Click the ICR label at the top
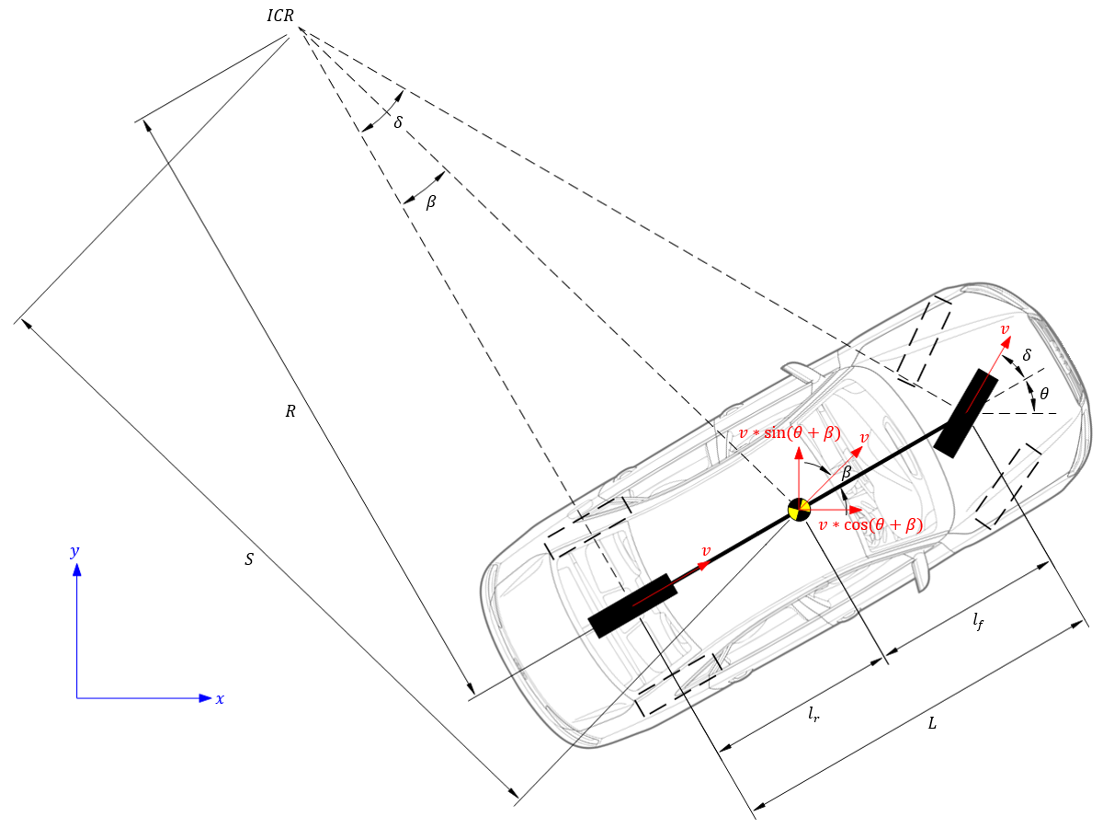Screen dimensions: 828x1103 coord(279,16)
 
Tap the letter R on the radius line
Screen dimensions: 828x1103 coord(290,412)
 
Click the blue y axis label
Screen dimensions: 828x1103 coord(74,552)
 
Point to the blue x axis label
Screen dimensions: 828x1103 coord(220,699)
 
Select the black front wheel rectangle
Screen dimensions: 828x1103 coord(965,412)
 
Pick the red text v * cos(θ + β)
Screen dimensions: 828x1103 coord(870,525)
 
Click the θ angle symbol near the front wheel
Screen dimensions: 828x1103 coord(1043,394)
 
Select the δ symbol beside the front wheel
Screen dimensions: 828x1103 coord(1027,354)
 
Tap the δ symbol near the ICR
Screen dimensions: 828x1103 coord(398,121)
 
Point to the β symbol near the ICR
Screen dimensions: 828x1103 coord(430,202)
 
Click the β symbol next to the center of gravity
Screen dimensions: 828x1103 coord(847,471)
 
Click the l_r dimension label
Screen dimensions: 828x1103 coord(813,714)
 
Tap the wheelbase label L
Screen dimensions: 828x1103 coord(932,724)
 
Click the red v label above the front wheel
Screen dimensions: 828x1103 coord(1005,328)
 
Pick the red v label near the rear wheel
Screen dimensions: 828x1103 coord(706,550)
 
